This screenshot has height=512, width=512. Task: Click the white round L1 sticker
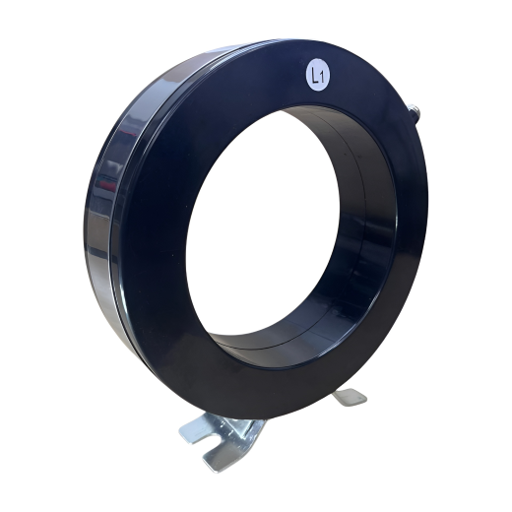318,75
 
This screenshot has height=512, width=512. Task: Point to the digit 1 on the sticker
322,79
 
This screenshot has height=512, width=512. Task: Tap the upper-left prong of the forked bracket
194,428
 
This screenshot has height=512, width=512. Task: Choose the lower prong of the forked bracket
217,458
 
